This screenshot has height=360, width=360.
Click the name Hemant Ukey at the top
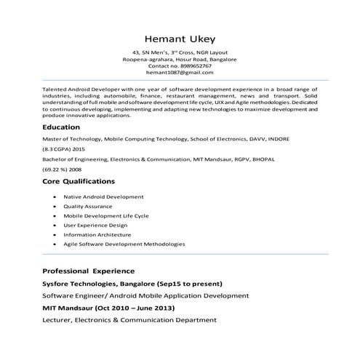tap(180, 38)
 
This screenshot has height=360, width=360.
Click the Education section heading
tap(61, 127)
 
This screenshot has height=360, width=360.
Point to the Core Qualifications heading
tap(79, 180)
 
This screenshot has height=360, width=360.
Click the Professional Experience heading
tap(94, 271)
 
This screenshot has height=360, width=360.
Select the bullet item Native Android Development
tap(103, 196)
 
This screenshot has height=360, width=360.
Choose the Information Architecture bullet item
tap(97, 235)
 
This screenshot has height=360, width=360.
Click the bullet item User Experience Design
tap(97, 225)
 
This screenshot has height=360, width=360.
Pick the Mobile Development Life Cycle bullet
tap(106, 216)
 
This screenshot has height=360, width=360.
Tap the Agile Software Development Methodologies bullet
tap(124, 244)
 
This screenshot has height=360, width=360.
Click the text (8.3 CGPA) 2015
tap(64, 148)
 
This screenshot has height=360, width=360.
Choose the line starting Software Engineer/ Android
tap(145, 295)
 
